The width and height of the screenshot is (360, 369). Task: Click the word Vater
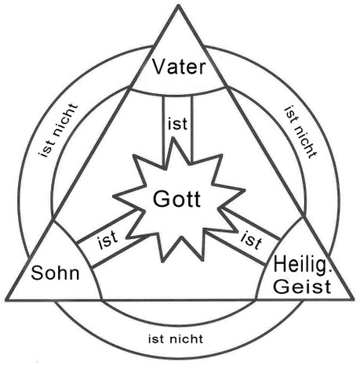point(179,67)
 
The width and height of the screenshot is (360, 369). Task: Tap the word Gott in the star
point(176,199)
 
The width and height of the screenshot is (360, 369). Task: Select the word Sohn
point(55,273)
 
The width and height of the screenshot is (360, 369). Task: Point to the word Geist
point(302,287)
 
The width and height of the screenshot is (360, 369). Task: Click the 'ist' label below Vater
point(178,124)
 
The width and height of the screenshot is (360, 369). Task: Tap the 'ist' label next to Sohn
point(108,240)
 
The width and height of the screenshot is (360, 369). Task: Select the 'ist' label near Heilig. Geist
point(251,241)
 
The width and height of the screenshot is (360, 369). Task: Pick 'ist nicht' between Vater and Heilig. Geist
point(300,132)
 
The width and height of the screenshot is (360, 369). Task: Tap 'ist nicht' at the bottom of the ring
point(176,339)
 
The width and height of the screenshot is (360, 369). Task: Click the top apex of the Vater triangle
point(179,5)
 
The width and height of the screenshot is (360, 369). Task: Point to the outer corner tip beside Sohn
point(6,299)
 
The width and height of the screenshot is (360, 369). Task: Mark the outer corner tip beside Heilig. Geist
point(353,298)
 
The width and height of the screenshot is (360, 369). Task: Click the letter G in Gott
point(160,199)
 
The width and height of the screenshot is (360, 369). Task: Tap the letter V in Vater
point(159,67)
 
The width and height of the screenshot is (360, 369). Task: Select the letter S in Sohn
point(37,273)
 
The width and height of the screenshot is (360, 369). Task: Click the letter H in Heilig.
point(280,264)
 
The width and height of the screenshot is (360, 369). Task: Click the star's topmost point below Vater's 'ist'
point(173,138)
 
